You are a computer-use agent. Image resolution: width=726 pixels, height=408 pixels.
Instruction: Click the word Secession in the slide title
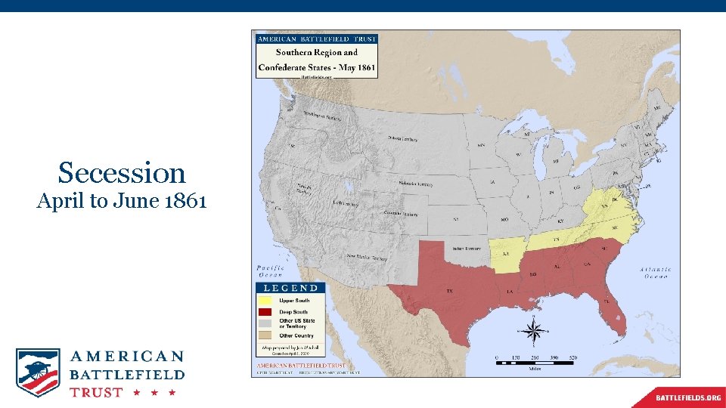click(122, 173)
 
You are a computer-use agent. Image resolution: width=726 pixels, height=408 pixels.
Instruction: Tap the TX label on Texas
click(449, 291)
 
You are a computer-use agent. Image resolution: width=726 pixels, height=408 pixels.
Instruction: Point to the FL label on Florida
click(607, 301)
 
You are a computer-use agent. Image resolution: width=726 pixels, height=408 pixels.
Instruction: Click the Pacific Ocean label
click(270, 272)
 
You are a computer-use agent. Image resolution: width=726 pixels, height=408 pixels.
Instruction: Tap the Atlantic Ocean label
click(654, 273)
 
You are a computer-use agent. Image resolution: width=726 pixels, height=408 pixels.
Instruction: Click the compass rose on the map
click(534, 331)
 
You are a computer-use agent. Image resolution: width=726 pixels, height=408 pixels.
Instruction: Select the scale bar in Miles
click(535, 363)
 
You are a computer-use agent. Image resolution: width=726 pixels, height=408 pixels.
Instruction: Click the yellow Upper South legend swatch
click(265, 301)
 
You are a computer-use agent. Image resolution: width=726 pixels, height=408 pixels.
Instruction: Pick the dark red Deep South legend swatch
click(265, 312)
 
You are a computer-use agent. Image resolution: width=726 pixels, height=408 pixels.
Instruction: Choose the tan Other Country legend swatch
click(265, 335)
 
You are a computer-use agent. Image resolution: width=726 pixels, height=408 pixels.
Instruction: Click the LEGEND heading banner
click(290, 288)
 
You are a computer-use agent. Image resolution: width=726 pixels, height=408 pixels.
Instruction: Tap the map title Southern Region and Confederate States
click(316, 60)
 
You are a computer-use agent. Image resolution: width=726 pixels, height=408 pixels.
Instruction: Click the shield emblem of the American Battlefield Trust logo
click(37, 372)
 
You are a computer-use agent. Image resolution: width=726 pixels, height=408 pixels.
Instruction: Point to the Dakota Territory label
click(404, 140)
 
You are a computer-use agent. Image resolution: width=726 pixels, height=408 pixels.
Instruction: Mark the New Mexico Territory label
click(367, 257)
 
